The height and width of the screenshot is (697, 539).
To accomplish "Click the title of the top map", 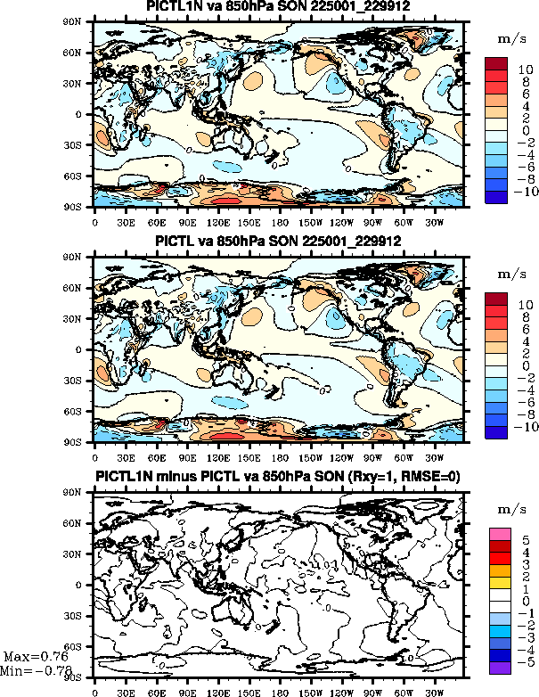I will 277,7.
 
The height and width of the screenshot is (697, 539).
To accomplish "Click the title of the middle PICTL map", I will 277,242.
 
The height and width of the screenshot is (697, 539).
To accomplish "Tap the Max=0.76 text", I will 35,658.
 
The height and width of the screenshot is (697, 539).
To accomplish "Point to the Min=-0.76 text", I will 36,670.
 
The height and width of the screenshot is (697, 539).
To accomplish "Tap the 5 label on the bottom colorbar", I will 525,540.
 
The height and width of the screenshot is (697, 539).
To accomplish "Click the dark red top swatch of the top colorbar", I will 496,62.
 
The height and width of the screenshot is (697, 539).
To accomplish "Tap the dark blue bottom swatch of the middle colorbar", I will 496,432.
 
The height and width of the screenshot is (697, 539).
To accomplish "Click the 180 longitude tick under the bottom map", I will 278,689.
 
